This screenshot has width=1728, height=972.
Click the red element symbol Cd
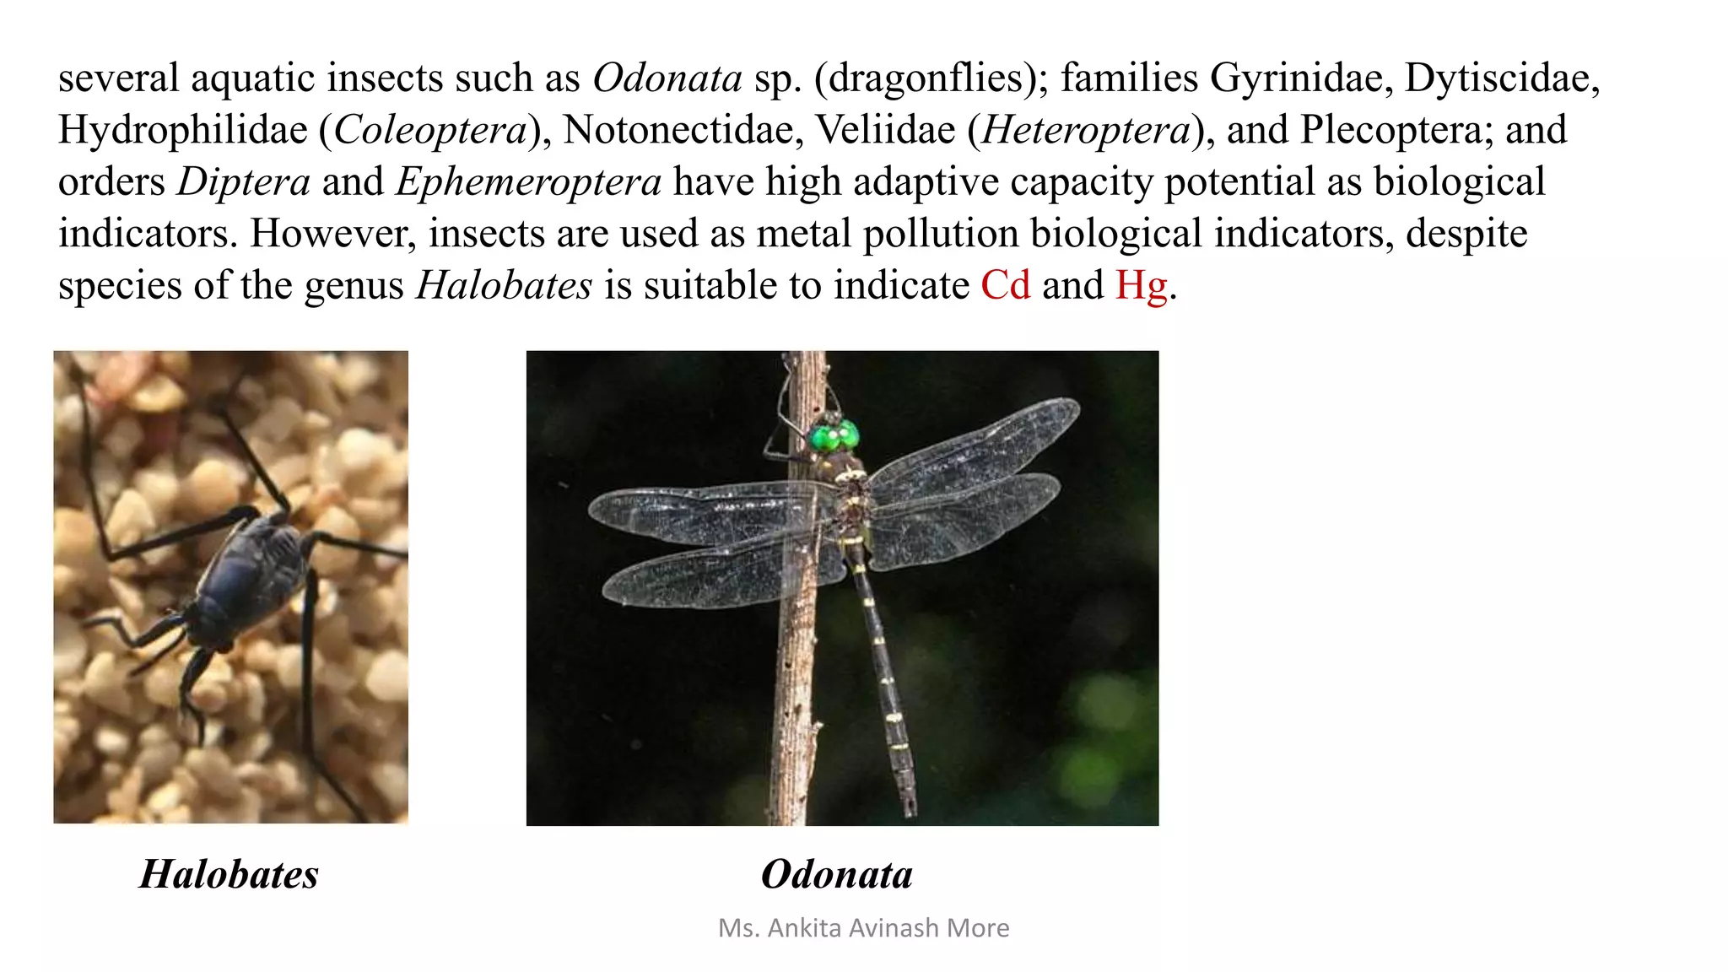(1005, 285)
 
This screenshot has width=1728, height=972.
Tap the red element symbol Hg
(1141, 285)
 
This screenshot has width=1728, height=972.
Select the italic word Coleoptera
(430, 130)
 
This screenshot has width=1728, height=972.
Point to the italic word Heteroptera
(1086, 130)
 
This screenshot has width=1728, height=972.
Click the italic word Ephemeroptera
(528, 182)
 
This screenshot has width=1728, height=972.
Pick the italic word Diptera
(243, 182)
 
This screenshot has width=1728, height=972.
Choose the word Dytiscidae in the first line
(1501, 78)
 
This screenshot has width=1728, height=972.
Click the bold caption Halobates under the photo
(229, 874)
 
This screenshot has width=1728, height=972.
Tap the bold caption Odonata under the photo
(836, 874)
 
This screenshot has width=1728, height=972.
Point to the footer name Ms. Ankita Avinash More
(863, 928)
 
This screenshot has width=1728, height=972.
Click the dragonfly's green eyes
(834, 436)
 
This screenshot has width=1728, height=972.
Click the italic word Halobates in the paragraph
(504, 285)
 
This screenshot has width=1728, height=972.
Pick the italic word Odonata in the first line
(667, 78)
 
